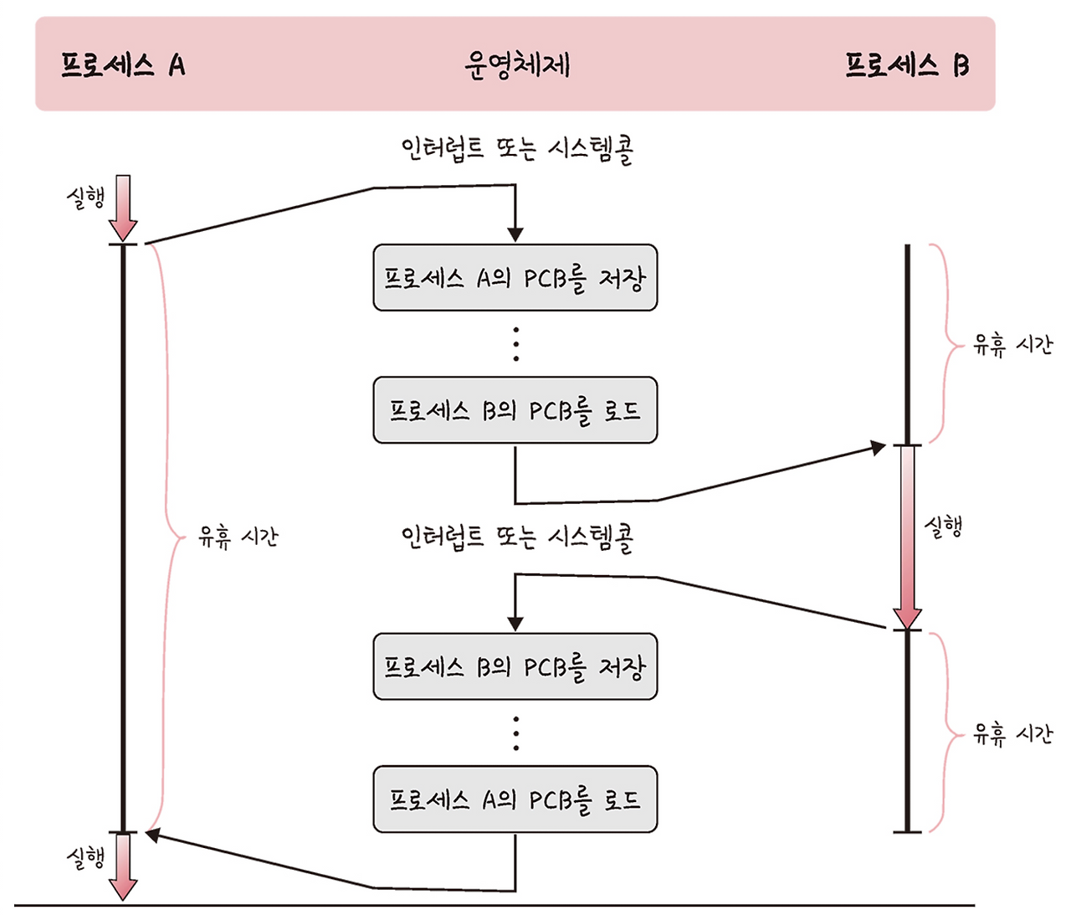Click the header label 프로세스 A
coord(122,64)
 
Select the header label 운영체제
coord(516,64)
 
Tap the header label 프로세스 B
coord(907,64)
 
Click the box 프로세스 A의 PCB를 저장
coord(515,278)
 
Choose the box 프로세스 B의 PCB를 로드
coord(515,410)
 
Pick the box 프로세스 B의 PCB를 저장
coord(515,667)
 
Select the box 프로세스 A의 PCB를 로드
coord(515,799)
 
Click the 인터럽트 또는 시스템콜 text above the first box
coord(517,150)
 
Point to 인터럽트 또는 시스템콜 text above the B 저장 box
coord(517,537)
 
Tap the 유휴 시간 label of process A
coord(238,537)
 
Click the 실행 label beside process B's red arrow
coord(943,527)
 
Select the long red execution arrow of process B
coord(907,536)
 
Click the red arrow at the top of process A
coord(123,208)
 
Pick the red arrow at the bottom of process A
coord(123,866)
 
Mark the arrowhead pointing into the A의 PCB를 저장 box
coord(515,234)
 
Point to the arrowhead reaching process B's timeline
coord(879,448)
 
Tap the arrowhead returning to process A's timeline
coord(152,834)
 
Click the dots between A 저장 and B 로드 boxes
coord(515,344)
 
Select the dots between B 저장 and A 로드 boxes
coord(515,733)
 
